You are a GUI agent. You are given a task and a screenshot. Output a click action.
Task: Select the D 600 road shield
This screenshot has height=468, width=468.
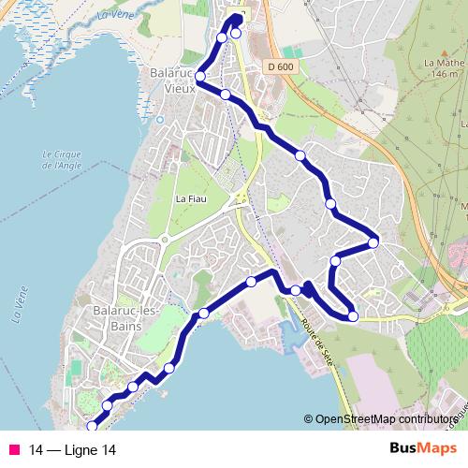[x=279, y=66]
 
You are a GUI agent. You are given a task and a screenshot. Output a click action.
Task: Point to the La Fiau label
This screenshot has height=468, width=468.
[x=190, y=198]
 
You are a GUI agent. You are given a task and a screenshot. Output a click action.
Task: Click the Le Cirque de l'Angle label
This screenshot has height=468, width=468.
[x=62, y=160]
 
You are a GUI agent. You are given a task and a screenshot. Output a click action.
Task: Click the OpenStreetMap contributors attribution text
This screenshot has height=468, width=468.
[x=386, y=419]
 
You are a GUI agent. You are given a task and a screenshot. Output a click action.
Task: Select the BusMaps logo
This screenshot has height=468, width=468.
[x=423, y=449]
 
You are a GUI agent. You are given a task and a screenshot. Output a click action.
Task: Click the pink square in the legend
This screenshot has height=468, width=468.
[x=13, y=450]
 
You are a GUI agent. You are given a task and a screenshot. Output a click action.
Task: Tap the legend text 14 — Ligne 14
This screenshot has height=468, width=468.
[x=73, y=450]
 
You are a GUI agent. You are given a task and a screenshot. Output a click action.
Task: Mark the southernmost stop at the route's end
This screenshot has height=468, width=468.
[x=91, y=428]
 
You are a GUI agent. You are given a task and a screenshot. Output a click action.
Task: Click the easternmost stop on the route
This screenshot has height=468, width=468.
[x=373, y=243]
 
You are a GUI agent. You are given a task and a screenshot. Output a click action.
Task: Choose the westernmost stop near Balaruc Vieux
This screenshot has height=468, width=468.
[x=199, y=77]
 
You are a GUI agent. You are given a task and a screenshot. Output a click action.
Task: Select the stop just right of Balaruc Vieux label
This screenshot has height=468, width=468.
[x=226, y=94]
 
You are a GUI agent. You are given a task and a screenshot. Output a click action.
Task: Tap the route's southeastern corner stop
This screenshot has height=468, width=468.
[x=353, y=316]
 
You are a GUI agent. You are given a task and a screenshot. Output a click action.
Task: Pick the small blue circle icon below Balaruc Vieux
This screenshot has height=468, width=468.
[x=160, y=119]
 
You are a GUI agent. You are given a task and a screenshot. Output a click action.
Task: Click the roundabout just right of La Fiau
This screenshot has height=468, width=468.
[x=240, y=198]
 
